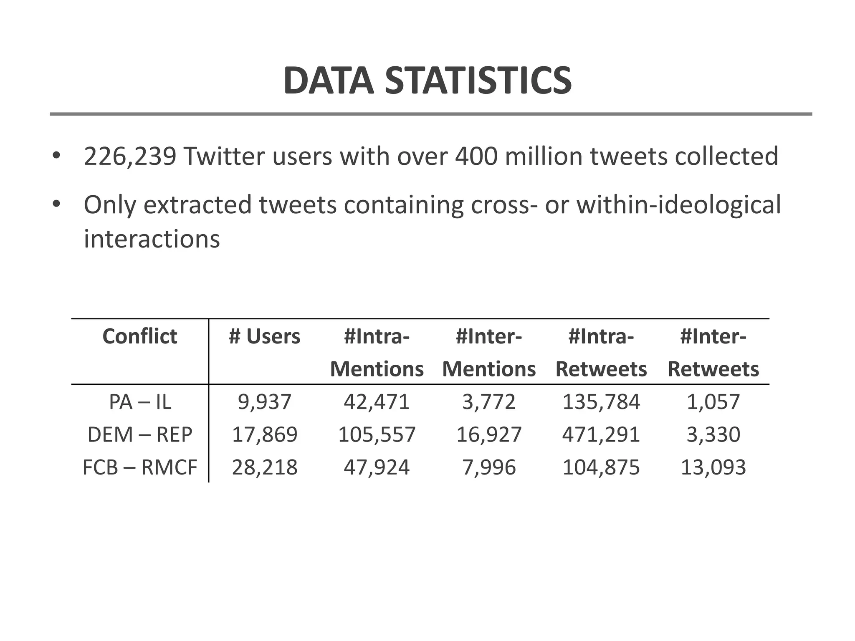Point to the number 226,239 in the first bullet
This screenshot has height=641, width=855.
(x=130, y=156)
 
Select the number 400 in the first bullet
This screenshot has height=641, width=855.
(x=476, y=156)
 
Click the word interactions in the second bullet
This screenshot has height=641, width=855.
(x=152, y=239)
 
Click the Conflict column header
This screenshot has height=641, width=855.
(x=140, y=336)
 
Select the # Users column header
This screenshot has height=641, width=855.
(x=264, y=336)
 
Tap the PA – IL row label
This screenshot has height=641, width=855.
(x=140, y=402)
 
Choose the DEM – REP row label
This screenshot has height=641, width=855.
(x=140, y=434)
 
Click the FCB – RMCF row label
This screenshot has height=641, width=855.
(x=140, y=467)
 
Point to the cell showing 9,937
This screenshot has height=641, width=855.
(x=264, y=402)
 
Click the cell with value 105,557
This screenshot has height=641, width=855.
(x=377, y=434)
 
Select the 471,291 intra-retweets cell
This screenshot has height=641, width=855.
(x=601, y=434)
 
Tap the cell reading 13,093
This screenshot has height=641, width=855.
(x=713, y=467)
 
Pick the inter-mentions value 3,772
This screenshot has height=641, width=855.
(x=489, y=402)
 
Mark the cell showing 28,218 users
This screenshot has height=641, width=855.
(x=264, y=467)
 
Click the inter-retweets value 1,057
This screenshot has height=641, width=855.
(x=713, y=402)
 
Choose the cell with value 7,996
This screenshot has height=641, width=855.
(x=489, y=467)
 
